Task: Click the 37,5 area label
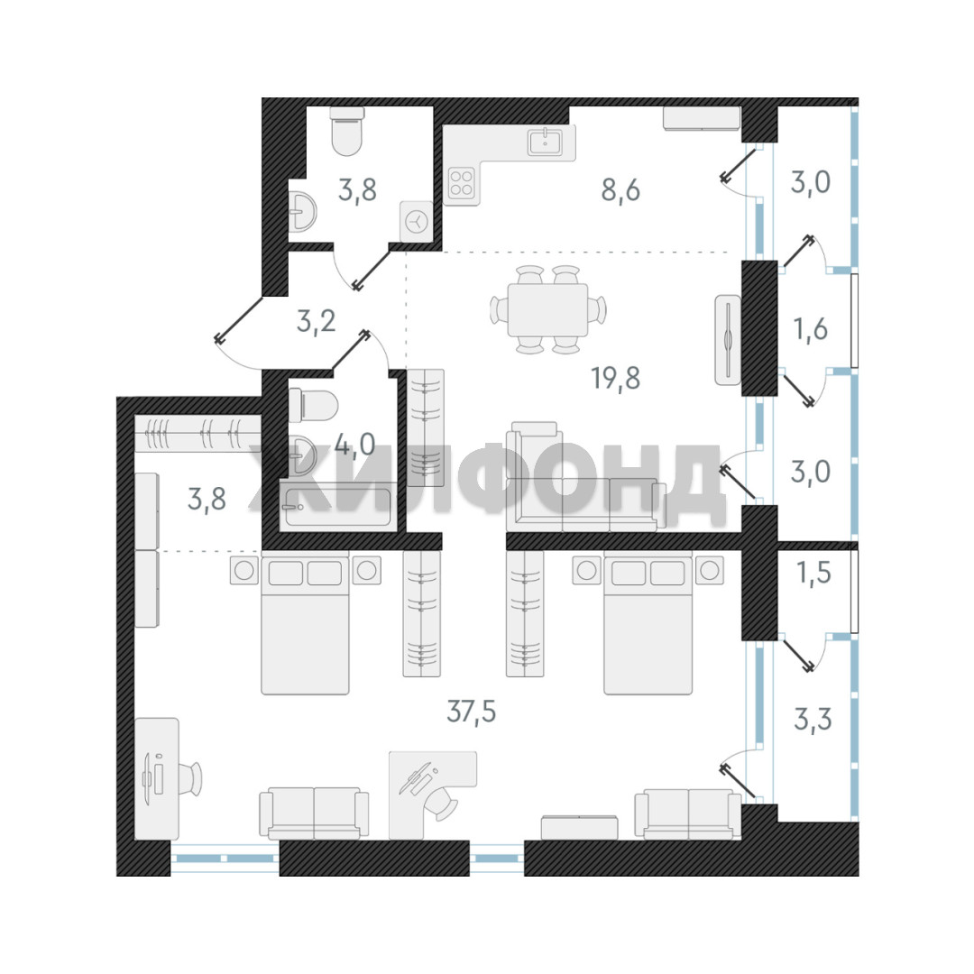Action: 472,712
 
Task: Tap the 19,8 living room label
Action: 616,378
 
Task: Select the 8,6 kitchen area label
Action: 620,190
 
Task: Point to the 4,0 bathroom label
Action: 354,444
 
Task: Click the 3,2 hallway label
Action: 317,321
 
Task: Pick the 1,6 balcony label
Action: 811,328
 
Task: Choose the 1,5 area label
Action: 813,573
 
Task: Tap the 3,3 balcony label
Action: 813,720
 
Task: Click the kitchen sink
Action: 546,142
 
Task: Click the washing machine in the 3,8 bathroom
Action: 417,221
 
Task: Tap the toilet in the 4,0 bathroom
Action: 314,405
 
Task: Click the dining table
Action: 548,309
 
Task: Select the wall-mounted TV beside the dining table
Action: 728,340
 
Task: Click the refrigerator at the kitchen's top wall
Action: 702,119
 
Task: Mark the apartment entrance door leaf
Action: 239,318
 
